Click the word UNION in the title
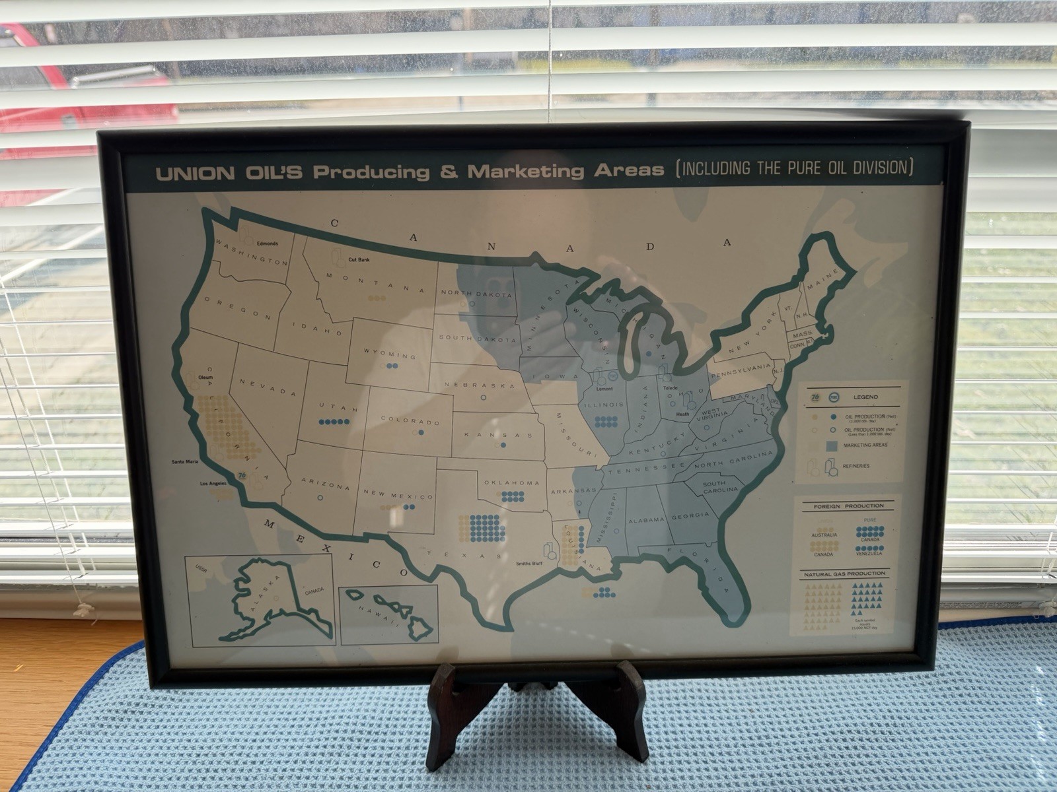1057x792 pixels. click(194, 174)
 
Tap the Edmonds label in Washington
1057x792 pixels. click(268, 244)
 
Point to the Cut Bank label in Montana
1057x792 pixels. click(359, 260)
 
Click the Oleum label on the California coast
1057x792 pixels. click(205, 377)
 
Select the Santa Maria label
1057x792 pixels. click(184, 461)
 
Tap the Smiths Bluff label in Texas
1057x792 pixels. click(529, 564)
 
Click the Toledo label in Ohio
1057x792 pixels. click(671, 388)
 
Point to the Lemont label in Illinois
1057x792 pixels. click(604, 388)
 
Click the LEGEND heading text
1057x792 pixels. click(865, 397)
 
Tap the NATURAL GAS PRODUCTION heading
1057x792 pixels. click(844, 574)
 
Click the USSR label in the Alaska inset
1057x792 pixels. click(201, 567)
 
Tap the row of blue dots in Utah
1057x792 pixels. click(334, 422)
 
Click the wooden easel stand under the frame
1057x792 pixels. click(536, 713)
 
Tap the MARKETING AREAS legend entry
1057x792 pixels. click(865, 445)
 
